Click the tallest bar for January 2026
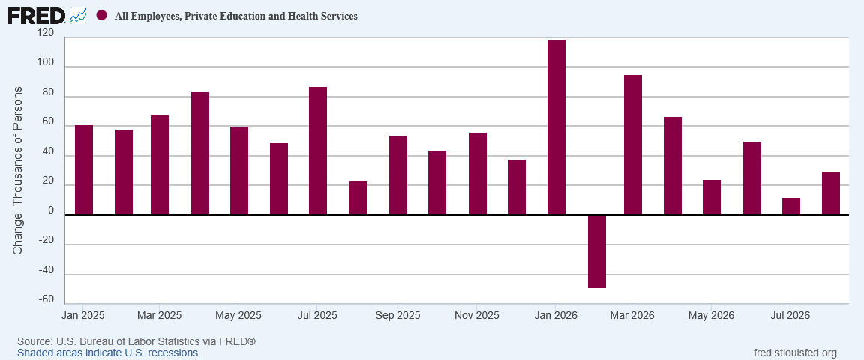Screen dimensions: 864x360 (x=556, y=127)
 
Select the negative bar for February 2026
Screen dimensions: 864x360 (x=597, y=251)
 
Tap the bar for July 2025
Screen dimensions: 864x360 (x=318, y=151)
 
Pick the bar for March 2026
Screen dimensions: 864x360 (x=632, y=145)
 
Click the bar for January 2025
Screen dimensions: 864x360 (x=84, y=170)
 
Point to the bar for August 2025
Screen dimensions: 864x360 (x=358, y=199)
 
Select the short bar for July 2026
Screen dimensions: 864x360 (x=791, y=207)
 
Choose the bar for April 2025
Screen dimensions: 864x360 (x=200, y=153)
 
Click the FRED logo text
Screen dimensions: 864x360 (x=36, y=16)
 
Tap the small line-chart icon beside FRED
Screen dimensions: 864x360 (x=78, y=16)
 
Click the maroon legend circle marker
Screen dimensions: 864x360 (x=101, y=16)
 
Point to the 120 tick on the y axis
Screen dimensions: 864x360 (x=46, y=34)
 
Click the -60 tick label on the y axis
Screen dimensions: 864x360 (x=46, y=299)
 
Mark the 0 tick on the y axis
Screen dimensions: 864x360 (x=51, y=211)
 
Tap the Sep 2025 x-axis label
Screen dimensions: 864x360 (x=397, y=315)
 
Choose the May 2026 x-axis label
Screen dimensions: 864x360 (x=711, y=315)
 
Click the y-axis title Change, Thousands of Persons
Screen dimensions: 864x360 (x=18, y=171)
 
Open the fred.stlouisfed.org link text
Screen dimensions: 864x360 (x=794, y=352)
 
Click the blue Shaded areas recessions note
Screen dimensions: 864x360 (x=109, y=352)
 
